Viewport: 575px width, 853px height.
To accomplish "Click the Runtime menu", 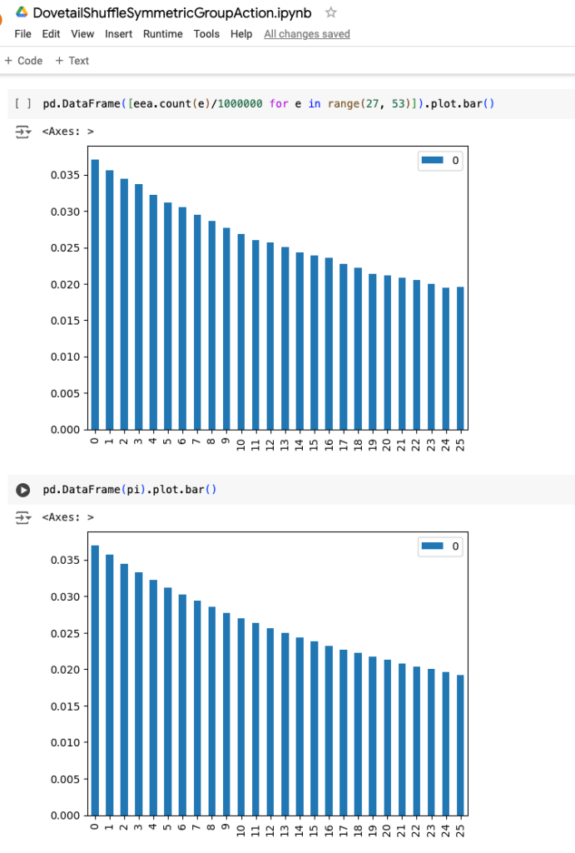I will (162, 34).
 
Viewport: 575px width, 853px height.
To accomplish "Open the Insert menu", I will (118, 34).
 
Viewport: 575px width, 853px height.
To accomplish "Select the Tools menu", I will (206, 34).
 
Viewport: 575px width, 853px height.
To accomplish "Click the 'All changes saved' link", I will (306, 34).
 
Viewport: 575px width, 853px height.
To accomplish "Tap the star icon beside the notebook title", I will (330, 12).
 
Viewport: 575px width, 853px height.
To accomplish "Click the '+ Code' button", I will (23, 61).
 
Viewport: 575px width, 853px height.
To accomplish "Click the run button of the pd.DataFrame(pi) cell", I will (23, 490).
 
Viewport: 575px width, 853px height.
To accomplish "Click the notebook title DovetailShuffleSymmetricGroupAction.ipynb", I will (172, 12).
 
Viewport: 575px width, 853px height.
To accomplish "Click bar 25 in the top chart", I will (460, 358).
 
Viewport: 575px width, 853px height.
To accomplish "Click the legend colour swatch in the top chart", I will (433, 161).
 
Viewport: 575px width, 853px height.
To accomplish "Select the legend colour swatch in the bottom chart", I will (433, 546).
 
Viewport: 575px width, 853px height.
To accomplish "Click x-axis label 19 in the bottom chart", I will (372, 828).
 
